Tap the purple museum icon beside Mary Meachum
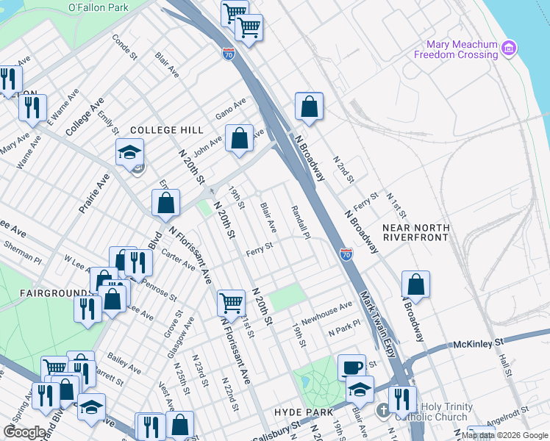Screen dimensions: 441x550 coord(508,49)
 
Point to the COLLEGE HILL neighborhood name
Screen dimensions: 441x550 coord(166,130)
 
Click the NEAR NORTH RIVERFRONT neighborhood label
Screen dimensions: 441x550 coord(415,232)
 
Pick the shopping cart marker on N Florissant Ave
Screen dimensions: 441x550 coord(231,301)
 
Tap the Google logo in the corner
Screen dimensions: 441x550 coord(25,432)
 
